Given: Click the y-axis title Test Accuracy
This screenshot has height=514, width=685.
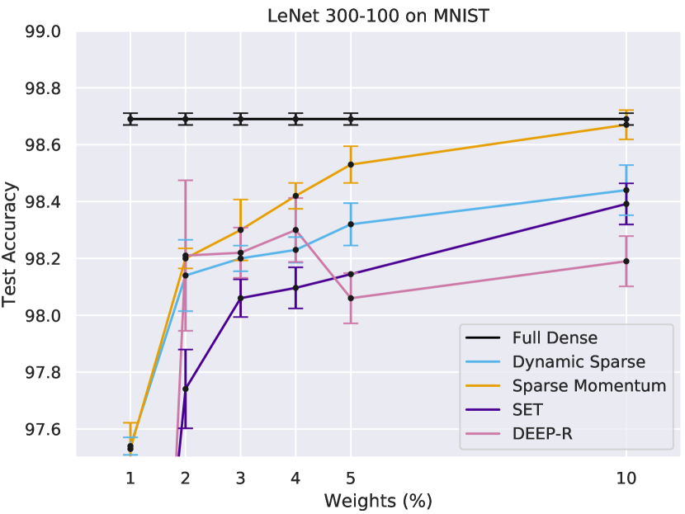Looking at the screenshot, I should (12, 244).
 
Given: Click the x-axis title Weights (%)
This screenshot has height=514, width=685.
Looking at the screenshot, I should (378, 500).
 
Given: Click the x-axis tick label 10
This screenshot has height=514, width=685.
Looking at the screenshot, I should (626, 477).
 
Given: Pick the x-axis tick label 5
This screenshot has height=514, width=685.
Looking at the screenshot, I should (351, 477).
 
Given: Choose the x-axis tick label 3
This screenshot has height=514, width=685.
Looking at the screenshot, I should (240, 477).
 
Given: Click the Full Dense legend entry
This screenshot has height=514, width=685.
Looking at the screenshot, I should (554, 337).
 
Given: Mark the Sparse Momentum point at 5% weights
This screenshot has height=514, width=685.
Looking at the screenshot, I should (351, 164).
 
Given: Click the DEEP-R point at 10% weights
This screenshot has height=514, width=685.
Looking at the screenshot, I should (626, 261).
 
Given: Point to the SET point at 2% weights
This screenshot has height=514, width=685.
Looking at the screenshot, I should (185, 389).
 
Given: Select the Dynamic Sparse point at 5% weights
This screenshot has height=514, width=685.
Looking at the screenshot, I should (351, 224).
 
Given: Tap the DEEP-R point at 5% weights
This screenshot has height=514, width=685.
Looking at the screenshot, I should (351, 298).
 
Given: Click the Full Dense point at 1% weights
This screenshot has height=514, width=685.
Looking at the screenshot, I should (130, 119).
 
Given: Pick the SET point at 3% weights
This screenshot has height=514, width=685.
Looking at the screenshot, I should (240, 298).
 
